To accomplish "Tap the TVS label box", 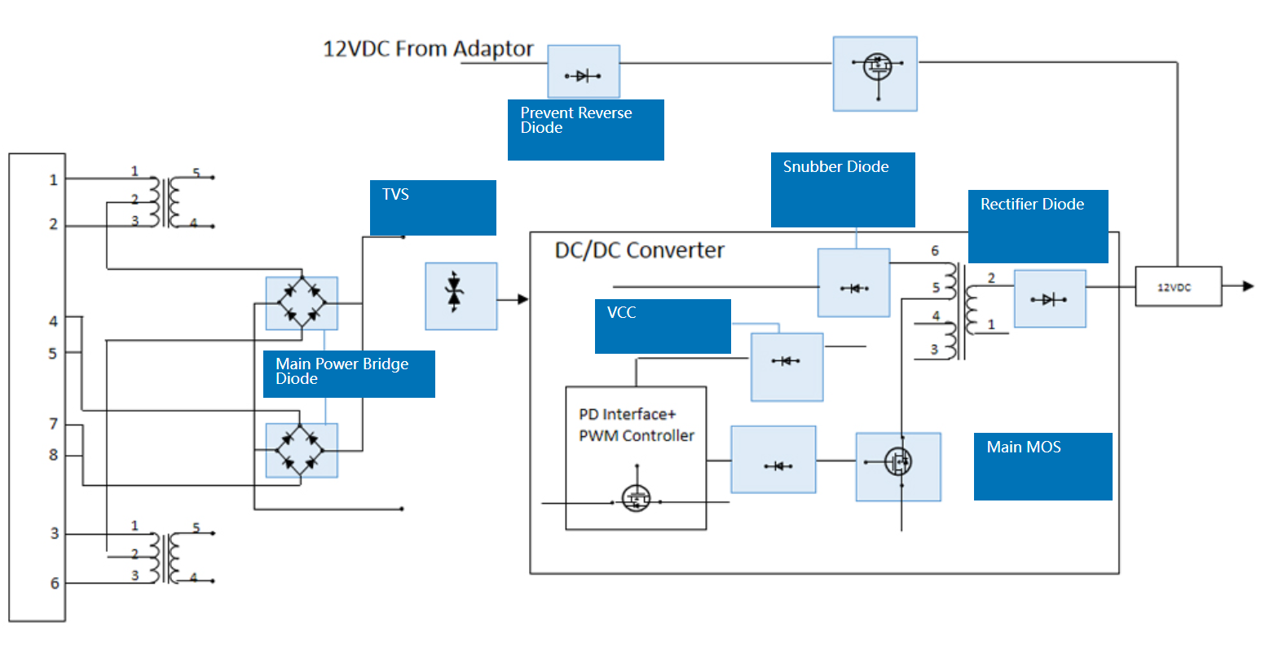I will coord(433,208).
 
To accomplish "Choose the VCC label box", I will coord(663,326).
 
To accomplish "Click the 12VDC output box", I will coord(1178,287).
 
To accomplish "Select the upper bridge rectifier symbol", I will coord(302,303).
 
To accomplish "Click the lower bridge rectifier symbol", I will coord(302,450).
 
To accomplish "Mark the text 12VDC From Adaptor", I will coord(428,50).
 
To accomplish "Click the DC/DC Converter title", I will coord(639,250).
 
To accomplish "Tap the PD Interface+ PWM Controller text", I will coord(636,425).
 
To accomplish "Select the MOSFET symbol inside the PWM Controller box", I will coord(636,497).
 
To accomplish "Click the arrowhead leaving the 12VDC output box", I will coord(1247,286).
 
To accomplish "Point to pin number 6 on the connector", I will coord(55,584).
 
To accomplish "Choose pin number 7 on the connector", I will coord(54,424).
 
